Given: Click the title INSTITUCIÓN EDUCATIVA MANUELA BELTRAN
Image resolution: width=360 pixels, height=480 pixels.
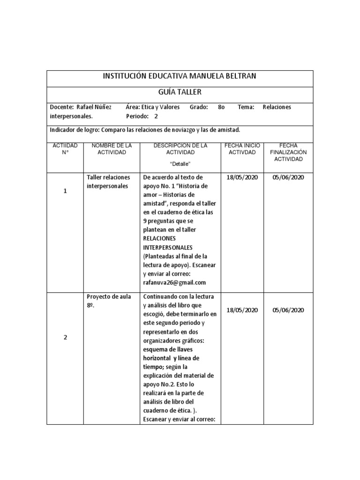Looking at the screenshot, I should click(180, 76).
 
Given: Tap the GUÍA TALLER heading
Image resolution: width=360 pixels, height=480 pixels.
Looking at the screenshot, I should click(180, 92).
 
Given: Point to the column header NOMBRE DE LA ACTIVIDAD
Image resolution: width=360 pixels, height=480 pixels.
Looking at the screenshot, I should click(112, 149).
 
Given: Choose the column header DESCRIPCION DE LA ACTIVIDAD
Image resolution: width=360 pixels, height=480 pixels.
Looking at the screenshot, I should click(180, 149).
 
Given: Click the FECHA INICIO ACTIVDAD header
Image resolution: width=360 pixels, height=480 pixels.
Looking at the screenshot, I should click(242, 149).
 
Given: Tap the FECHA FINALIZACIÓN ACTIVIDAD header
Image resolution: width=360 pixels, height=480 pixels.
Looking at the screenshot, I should click(288, 152).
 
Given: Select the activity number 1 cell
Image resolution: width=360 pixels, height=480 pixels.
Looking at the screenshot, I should click(65, 191).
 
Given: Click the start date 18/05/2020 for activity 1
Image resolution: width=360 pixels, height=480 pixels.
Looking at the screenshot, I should click(242, 177).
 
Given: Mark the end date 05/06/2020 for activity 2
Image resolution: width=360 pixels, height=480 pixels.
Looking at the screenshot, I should click(288, 310).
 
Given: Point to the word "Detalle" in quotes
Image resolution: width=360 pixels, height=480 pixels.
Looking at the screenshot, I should click(180, 164).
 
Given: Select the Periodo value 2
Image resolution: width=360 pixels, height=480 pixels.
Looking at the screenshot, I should click(156, 116).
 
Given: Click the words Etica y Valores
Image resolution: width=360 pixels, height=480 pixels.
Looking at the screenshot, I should click(160, 107).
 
